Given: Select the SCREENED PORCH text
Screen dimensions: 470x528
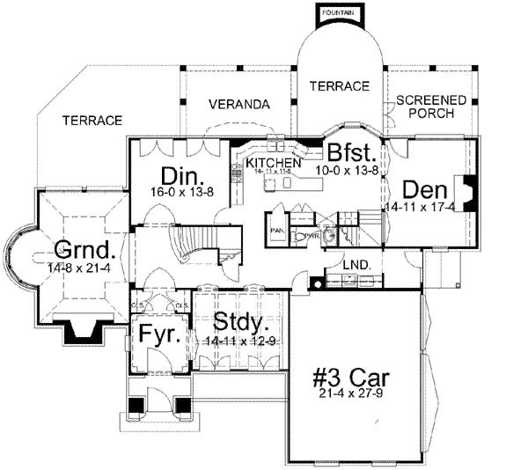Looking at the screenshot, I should click(424, 107).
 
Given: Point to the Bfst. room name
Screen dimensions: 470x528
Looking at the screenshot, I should click(353, 152).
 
